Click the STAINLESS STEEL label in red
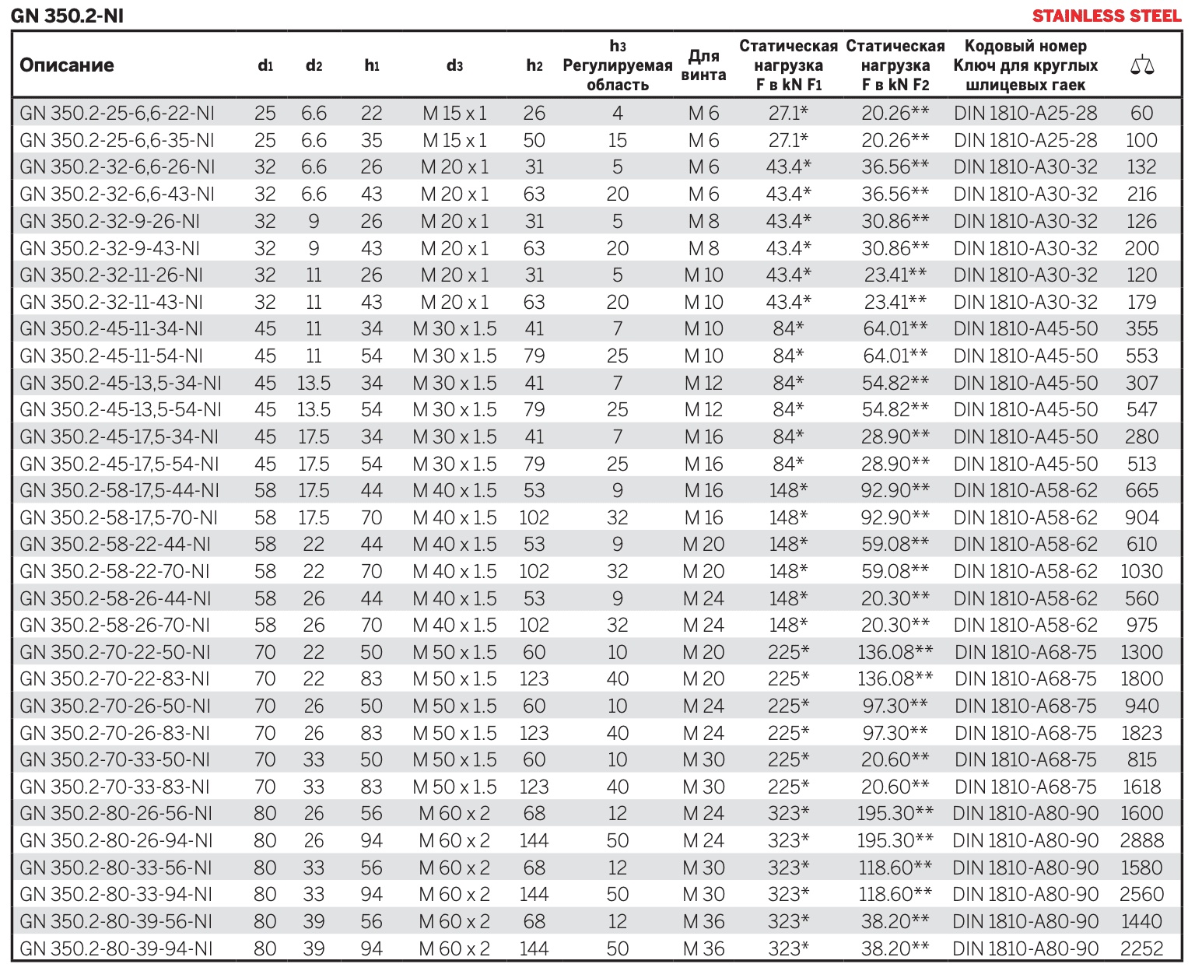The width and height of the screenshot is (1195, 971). click(x=1106, y=16)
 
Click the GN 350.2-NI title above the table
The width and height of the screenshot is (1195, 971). click(x=67, y=16)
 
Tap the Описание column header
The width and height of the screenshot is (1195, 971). click(x=67, y=65)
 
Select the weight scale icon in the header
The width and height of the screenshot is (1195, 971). click(x=1141, y=65)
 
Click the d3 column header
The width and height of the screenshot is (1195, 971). click(x=454, y=65)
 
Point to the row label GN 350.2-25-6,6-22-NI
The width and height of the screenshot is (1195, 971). click(x=117, y=114)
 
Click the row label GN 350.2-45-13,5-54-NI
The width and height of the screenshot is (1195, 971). click(x=121, y=409)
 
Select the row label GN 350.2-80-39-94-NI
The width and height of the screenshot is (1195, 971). click(x=116, y=948)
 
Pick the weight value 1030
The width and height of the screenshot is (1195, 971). click(x=1141, y=571)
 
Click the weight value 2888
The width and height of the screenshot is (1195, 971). click(x=1141, y=840)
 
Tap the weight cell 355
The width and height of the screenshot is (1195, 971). click(x=1141, y=328)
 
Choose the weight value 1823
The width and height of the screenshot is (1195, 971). click(x=1141, y=733)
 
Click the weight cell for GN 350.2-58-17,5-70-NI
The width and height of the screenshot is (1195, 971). click(x=1141, y=517)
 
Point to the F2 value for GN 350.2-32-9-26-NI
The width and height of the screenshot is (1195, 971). click(x=895, y=221)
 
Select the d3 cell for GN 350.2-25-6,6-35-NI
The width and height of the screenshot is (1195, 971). click(x=454, y=140)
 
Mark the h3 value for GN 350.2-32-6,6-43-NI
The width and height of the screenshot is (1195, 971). click(x=617, y=194)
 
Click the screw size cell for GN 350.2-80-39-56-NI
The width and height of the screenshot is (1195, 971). click(x=703, y=921)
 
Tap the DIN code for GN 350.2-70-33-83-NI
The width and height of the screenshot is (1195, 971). click(x=1025, y=787)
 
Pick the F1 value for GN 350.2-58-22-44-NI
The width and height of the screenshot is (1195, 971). click(x=788, y=544)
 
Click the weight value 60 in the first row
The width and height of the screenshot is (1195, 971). click(x=1141, y=114)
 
